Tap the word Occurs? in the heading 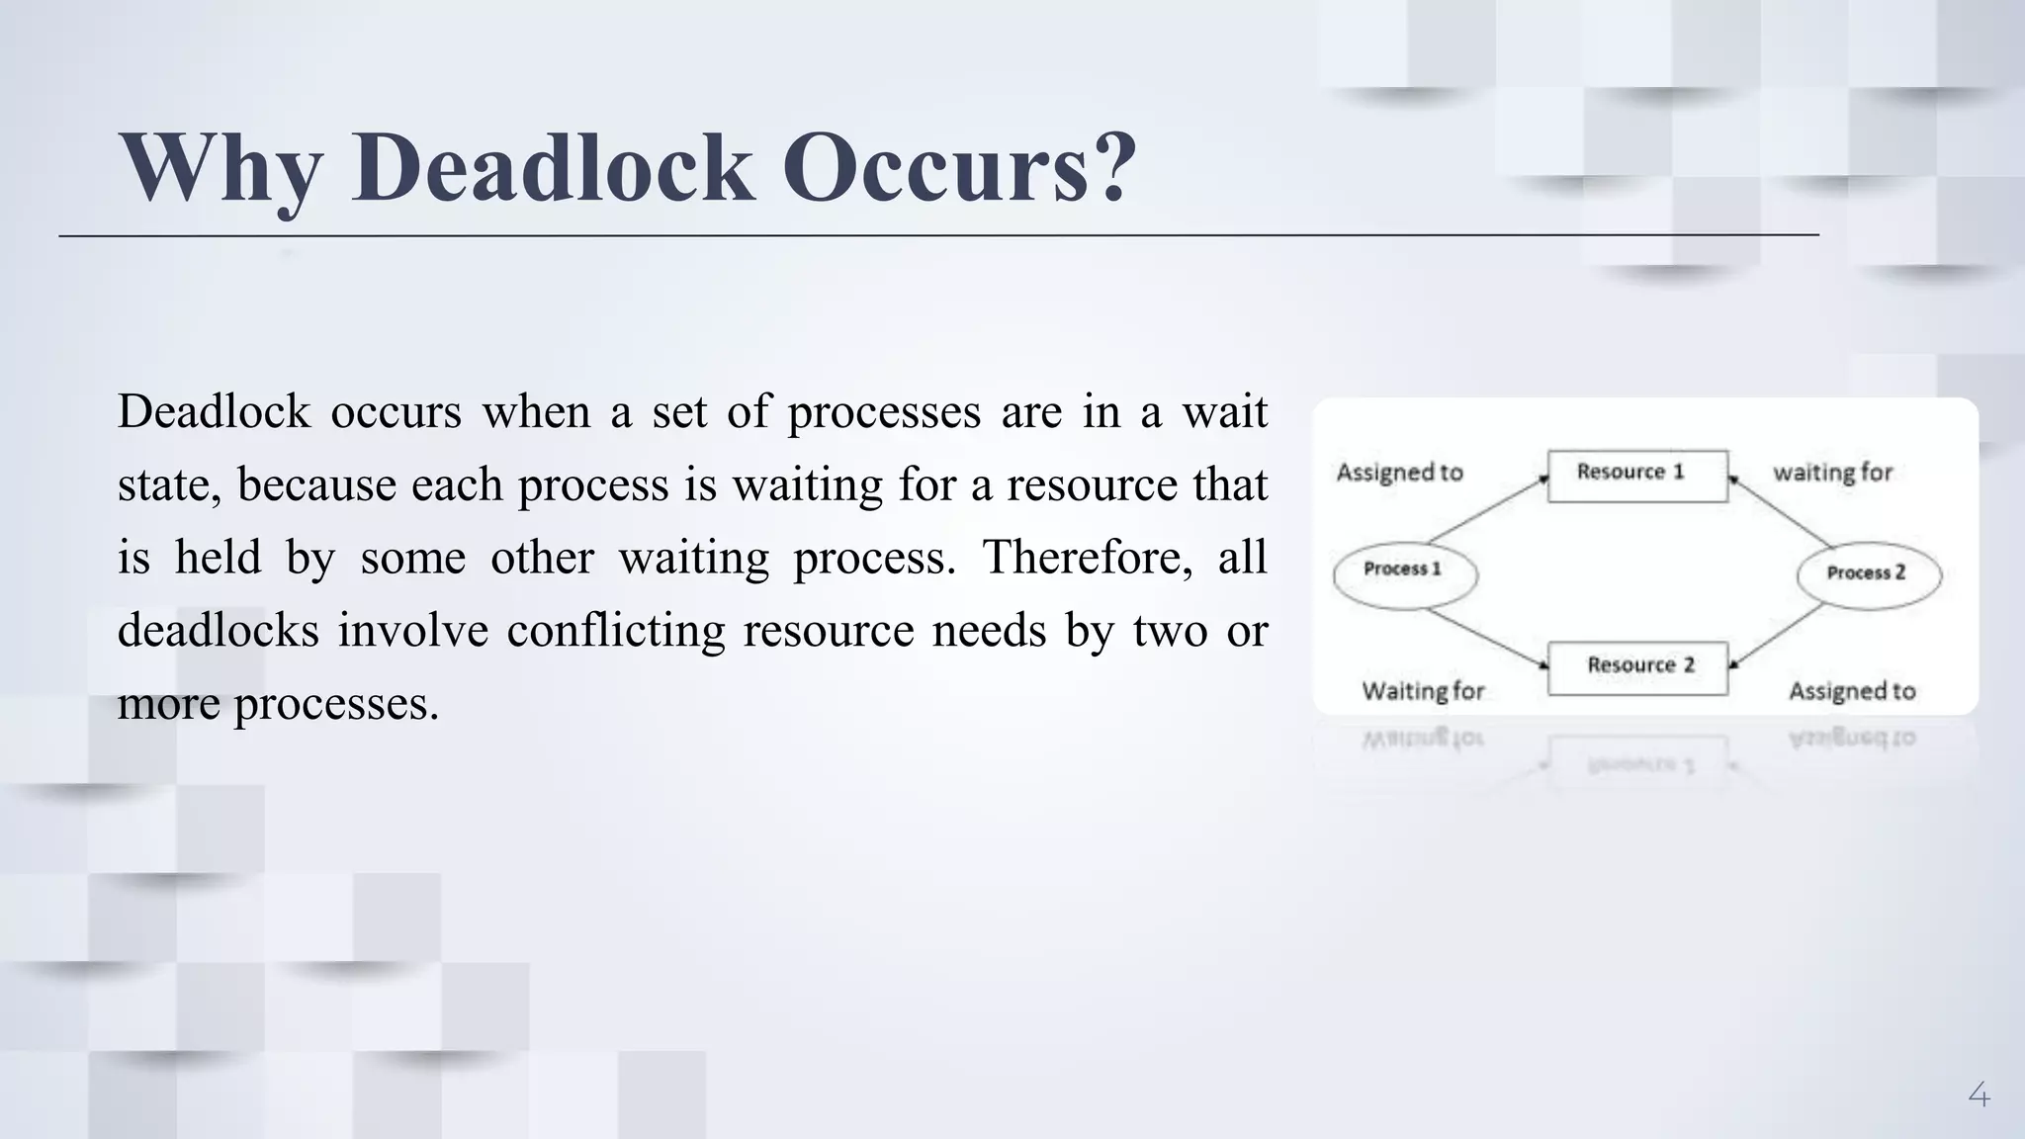(x=959, y=167)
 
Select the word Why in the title (x=220, y=167)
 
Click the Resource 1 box (x=1637, y=476)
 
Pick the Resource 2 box (x=1637, y=667)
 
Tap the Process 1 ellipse (x=1405, y=573)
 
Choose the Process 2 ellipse (x=1868, y=574)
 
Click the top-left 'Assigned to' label (x=1399, y=473)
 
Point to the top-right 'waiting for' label (x=1832, y=473)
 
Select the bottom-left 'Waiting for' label (x=1423, y=691)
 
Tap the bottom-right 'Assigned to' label (x=1852, y=691)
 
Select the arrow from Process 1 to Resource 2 (x=1486, y=638)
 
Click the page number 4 (x=1979, y=1095)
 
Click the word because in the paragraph (x=316, y=485)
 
